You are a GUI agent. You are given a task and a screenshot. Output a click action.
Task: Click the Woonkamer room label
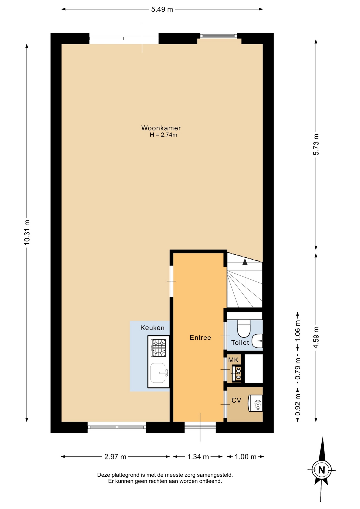[x=161, y=128]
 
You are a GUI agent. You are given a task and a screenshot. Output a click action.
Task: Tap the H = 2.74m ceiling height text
[x=163, y=135]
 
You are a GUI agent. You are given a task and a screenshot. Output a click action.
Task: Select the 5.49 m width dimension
[x=162, y=10]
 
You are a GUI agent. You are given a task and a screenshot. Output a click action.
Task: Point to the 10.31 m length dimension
[x=27, y=232]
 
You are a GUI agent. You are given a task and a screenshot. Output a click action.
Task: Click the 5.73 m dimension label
[x=316, y=144]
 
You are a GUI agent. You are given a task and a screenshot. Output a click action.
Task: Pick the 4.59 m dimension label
[x=316, y=337]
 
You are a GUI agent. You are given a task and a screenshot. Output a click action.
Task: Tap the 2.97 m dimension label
[x=115, y=457]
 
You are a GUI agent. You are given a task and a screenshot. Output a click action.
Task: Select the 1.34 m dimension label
[x=198, y=457]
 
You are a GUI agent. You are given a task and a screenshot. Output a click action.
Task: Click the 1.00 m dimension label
[x=245, y=457]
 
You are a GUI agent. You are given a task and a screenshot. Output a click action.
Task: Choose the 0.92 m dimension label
[x=298, y=405]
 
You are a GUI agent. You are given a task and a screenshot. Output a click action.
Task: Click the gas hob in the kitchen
[x=158, y=348]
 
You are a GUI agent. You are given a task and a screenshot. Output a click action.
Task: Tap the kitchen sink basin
[x=158, y=373]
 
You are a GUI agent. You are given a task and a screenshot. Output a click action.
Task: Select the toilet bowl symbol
[x=244, y=328]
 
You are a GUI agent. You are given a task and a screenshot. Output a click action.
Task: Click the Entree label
[x=200, y=337]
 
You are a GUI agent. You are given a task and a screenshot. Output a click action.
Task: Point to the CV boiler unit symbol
[x=255, y=403]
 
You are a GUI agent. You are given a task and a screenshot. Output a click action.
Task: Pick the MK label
[x=233, y=360]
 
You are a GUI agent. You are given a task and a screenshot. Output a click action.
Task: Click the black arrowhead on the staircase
[x=245, y=262]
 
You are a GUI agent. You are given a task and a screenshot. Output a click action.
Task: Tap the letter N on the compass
[x=322, y=470]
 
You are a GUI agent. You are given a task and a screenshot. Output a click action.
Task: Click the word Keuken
[x=152, y=328]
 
